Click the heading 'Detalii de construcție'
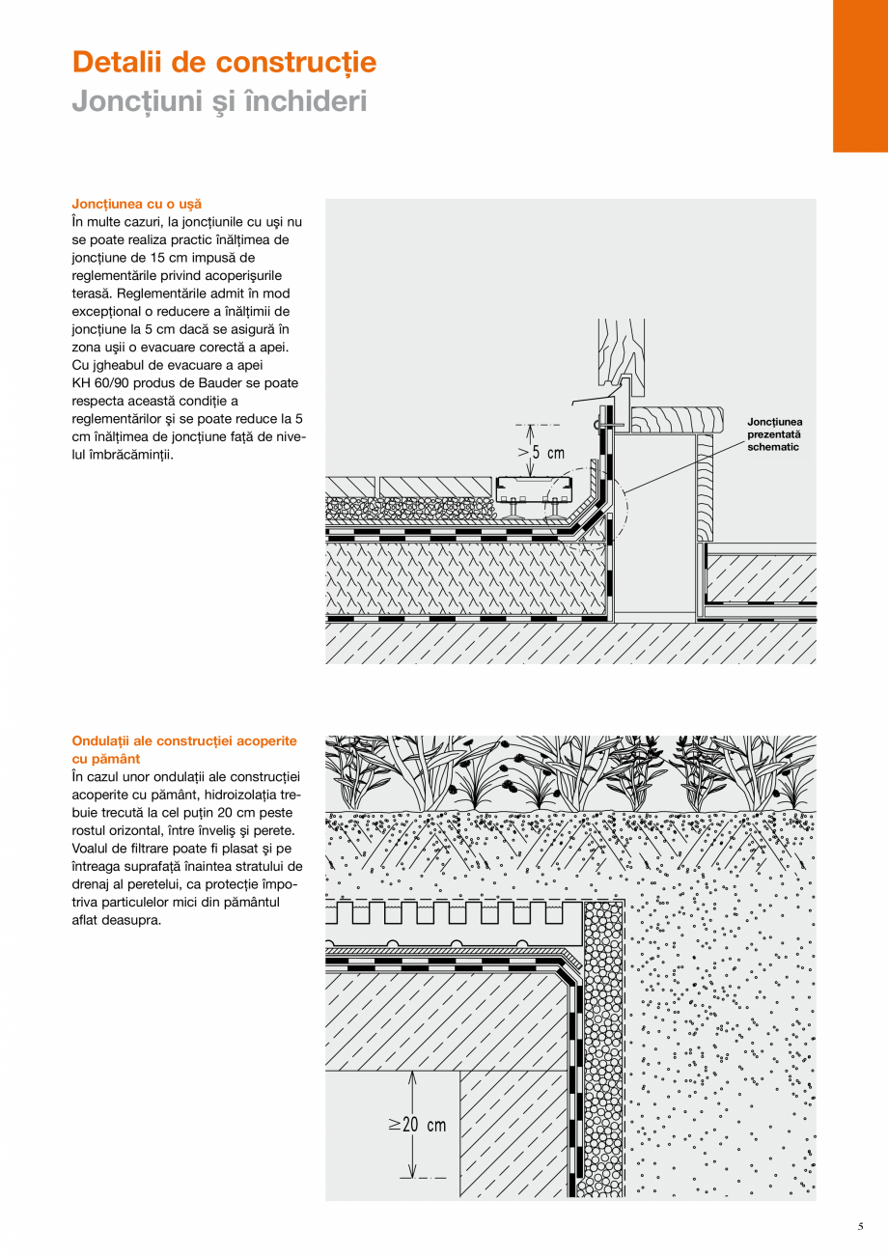[x=224, y=63]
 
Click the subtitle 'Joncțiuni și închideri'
[x=219, y=100]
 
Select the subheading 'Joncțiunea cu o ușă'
[x=137, y=205]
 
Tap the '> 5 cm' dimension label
[x=541, y=452]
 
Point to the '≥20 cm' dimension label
[x=418, y=1125]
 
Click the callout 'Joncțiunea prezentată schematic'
[x=775, y=434]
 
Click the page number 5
[x=860, y=1227]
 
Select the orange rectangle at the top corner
[x=860, y=75]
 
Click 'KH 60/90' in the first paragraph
[x=101, y=382]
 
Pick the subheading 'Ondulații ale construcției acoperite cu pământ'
[x=184, y=749]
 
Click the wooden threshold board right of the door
[x=676, y=418]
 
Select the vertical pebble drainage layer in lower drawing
[x=604, y=1052]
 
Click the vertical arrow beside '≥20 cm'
[x=412, y=1125]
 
